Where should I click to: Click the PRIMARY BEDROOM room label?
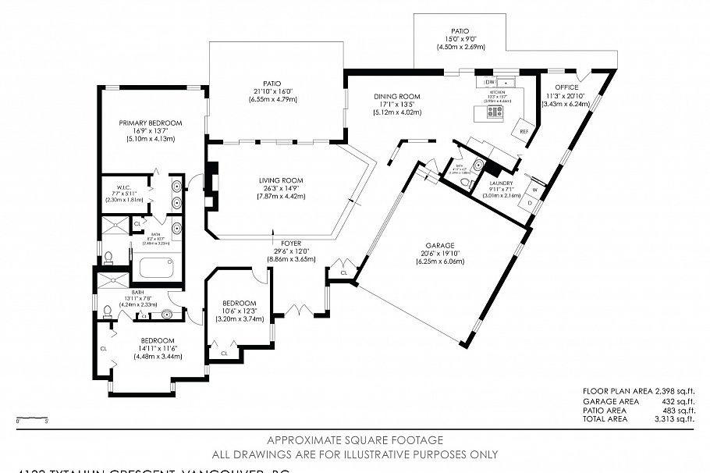point(151,123)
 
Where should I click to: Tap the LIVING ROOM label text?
point(282,180)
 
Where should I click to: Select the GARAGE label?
point(440,245)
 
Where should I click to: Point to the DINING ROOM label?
point(397,96)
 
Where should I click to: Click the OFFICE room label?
point(566,87)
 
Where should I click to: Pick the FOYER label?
point(291,244)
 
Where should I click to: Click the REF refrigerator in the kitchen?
point(524,131)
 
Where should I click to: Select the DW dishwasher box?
point(491,82)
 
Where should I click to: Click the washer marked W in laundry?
point(535,190)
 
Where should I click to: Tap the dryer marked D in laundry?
point(530,204)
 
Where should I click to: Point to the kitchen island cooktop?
point(494,112)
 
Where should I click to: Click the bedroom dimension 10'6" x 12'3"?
point(239,311)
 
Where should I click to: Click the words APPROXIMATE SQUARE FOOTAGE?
point(355,440)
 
